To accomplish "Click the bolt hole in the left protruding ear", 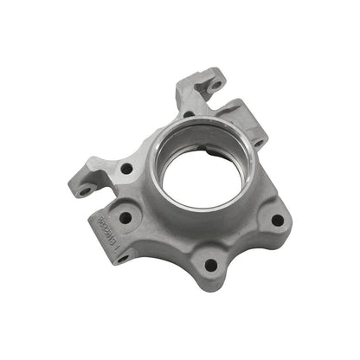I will [84, 190].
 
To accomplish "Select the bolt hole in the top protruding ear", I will [215, 86].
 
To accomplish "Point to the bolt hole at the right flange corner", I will [276, 220].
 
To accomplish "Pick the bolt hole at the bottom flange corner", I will [209, 266].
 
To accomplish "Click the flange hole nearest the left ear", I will [126, 169].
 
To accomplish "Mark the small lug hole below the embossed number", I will [122, 257].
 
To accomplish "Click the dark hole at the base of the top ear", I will [189, 113].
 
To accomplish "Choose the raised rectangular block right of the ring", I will [251, 130].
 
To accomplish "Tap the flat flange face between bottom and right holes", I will [247, 247].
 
